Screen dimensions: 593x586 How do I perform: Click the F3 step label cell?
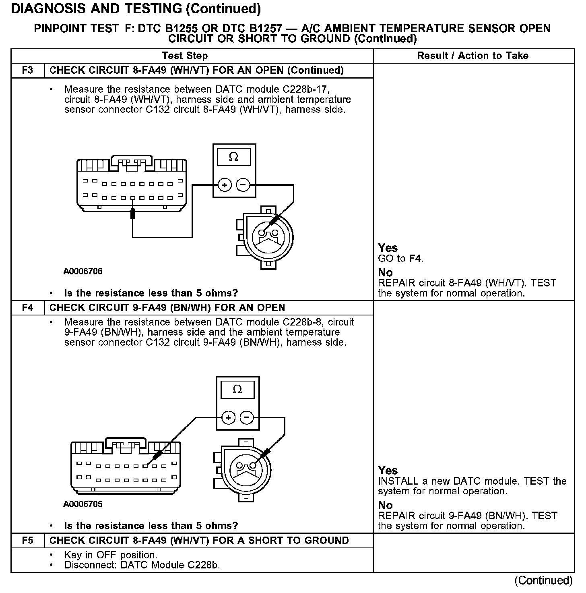click(27, 70)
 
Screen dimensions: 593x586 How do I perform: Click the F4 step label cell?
click(27, 308)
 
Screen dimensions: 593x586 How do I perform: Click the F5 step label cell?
click(27, 541)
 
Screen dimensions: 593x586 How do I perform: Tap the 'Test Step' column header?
click(185, 56)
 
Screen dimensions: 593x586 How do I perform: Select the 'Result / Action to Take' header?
click(473, 56)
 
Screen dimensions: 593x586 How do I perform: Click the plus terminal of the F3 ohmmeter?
click(225, 185)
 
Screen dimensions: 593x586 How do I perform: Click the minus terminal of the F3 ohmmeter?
click(243, 185)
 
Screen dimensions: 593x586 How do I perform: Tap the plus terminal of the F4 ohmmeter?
click(228, 418)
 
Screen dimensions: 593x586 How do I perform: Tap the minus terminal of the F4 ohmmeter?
click(246, 418)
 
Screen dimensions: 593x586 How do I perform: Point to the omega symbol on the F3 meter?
click(233, 157)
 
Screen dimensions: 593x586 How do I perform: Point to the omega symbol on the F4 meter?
click(237, 390)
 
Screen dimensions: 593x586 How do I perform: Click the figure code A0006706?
click(83, 272)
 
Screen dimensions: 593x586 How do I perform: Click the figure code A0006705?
click(83, 504)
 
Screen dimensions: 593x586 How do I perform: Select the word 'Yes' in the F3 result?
click(388, 248)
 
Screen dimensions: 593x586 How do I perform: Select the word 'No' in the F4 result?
click(385, 505)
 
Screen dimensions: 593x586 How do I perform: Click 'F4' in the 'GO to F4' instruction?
click(415, 259)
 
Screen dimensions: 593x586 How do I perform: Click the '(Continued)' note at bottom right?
click(543, 580)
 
